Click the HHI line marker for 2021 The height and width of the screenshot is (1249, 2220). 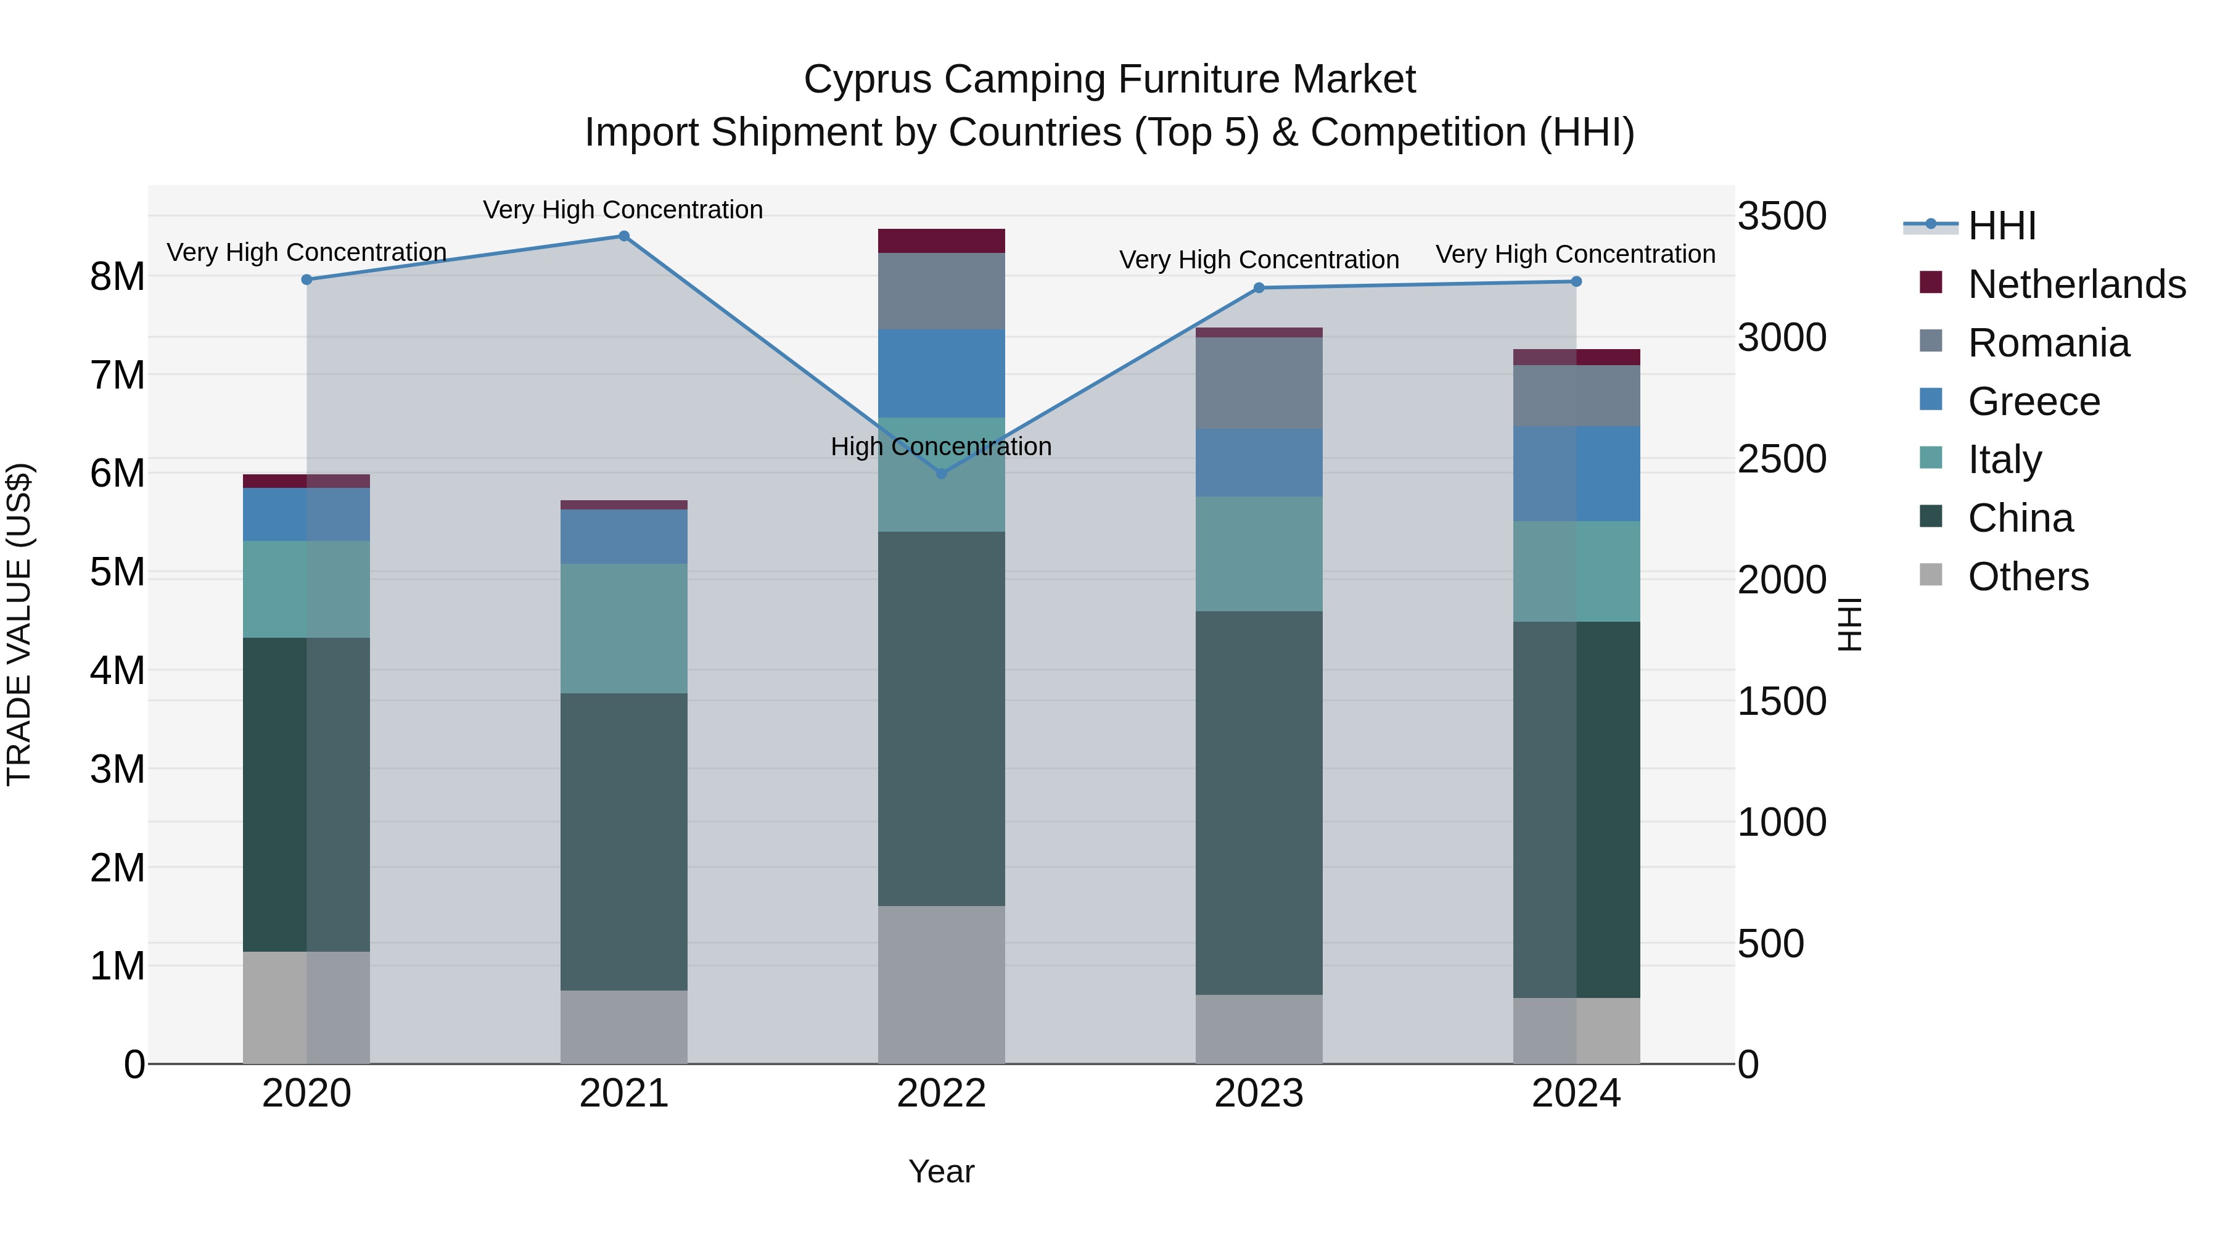click(x=624, y=236)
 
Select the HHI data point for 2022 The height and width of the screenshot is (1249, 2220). click(x=941, y=473)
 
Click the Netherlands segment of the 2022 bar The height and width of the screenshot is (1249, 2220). click(x=941, y=241)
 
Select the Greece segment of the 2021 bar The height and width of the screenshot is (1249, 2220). click(x=624, y=536)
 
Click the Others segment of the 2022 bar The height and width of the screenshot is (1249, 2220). click(x=941, y=984)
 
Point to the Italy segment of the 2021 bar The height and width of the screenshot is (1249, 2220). click(x=624, y=629)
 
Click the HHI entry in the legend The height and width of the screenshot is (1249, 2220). click(x=2001, y=226)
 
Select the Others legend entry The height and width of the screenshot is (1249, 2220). click(x=2027, y=577)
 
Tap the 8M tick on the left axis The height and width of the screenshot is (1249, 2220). click(x=117, y=277)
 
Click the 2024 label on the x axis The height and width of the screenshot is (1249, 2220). click(x=1576, y=1094)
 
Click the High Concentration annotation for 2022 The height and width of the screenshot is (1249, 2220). click(x=941, y=447)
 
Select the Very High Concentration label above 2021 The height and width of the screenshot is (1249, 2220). click(x=622, y=210)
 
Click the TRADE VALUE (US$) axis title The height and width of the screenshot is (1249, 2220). click(x=19, y=624)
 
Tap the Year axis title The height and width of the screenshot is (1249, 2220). click(x=941, y=1171)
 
